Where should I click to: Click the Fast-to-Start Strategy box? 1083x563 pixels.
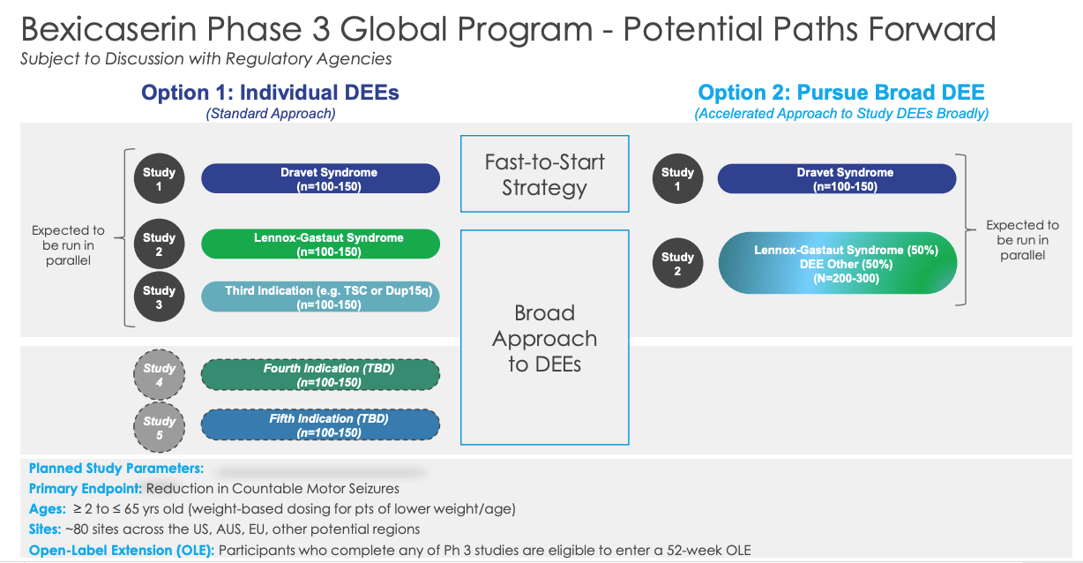click(x=544, y=174)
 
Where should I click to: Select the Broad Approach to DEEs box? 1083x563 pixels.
click(x=544, y=338)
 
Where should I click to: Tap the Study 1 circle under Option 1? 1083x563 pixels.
click(x=159, y=178)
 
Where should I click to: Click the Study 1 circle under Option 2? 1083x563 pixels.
click(x=677, y=178)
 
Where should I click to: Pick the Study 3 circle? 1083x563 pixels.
click(x=159, y=297)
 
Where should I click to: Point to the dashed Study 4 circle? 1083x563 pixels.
click(x=159, y=374)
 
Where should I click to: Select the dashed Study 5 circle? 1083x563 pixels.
click(x=159, y=427)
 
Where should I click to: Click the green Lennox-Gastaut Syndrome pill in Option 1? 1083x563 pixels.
click(x=320, y=244)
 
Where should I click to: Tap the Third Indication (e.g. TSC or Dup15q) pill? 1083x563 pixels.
click(x=320, y=297)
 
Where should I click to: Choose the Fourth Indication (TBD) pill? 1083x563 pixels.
click(x=320, y=375)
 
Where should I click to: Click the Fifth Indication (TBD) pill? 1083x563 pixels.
click(x=320, y=425)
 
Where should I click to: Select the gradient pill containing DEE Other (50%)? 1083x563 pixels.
click(x=838, y=263)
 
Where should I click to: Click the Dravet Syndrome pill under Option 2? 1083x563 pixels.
click(x=836, y=178)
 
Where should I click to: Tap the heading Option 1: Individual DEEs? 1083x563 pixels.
click(x=270, y=93)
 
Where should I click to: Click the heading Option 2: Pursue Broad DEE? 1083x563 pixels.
click(x=840, y=93)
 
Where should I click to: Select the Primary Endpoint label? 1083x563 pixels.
click(x=86, y=488)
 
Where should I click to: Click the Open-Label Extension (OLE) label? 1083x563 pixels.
click(x=122, y=551)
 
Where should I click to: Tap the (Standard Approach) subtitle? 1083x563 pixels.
click(x=270, y=114)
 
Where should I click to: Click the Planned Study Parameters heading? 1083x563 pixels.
click(x=116, y=469)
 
